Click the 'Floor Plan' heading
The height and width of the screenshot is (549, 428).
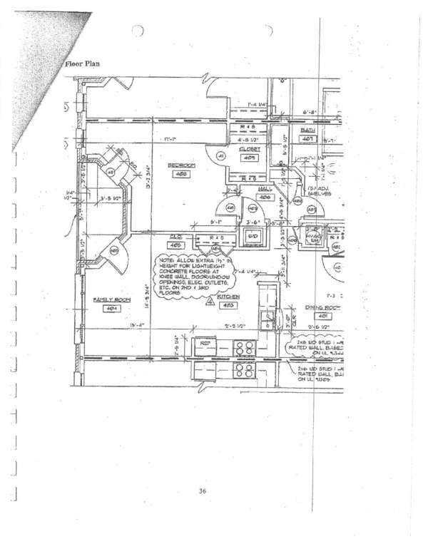click(x=82, y=63)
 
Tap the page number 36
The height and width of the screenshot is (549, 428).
click(x=203, y=491)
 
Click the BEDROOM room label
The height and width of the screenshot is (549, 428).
click(x=181, y=165)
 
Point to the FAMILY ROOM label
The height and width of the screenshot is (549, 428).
click(x=110, y=299)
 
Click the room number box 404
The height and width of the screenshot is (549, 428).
click(x=111, y=309)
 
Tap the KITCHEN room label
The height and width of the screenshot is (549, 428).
click(x=228, y=297)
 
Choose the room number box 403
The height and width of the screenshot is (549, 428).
click(x=228, y=305)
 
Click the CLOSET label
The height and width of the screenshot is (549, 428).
click(x=249, y=149)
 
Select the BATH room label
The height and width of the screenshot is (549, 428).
click(x=307, y=130)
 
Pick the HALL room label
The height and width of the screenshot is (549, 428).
click(x=265, y=189)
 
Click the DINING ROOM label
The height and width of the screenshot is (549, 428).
click(x=323, y=307)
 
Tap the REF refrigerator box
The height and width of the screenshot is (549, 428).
click(x=205, y=343)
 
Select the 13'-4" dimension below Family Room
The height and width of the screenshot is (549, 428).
click(x=138, y=326)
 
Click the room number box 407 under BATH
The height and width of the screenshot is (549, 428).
click(x=308, y=139)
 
